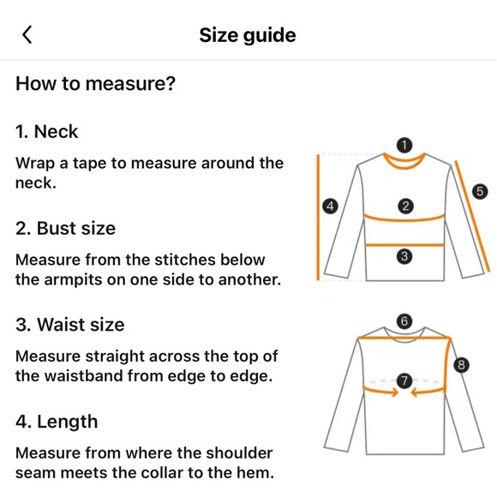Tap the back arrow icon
(27, 34)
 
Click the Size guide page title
(248, 35)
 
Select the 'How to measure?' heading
(95, 84)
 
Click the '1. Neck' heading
(47, 132)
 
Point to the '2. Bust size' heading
(65, 229)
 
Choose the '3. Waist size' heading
(69, 325)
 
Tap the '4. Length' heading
(57, 422)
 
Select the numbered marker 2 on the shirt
(405, 206)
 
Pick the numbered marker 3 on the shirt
(405, 256)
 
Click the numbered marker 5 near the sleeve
(480, 191)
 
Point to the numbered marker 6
(405, 321)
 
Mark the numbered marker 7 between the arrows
(405, 380)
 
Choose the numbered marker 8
(462, 365)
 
